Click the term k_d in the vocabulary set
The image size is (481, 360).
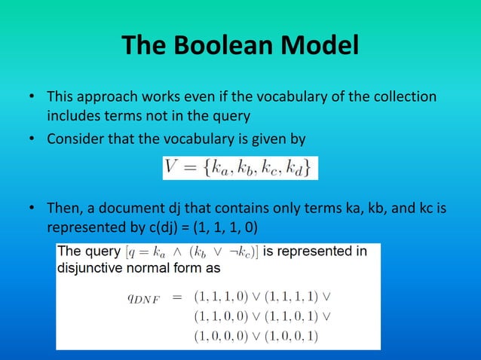coord(299,168)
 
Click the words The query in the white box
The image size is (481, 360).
coord(87,252)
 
